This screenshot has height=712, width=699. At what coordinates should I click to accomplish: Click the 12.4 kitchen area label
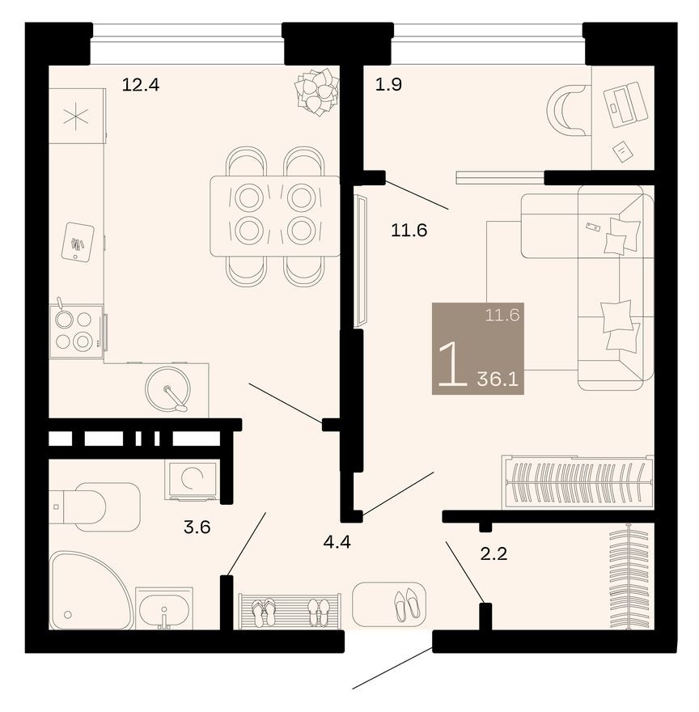click(140, 84)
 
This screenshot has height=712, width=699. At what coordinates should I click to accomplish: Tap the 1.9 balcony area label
click(388, 84)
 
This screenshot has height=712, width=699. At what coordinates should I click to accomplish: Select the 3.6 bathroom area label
click(197, 528)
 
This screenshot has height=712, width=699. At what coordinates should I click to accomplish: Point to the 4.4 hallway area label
click(337, 541)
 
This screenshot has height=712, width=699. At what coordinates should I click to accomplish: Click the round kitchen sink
click(167, 389)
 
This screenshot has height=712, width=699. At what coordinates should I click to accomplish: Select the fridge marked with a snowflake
click(76, 116)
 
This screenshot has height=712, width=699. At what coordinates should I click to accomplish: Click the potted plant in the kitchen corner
click(316, 91)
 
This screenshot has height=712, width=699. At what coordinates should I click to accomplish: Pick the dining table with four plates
click(274, 216)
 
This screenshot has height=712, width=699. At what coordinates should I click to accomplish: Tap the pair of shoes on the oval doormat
click(405, 604)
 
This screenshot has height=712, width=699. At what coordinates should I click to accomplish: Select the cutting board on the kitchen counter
click(78, 241)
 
